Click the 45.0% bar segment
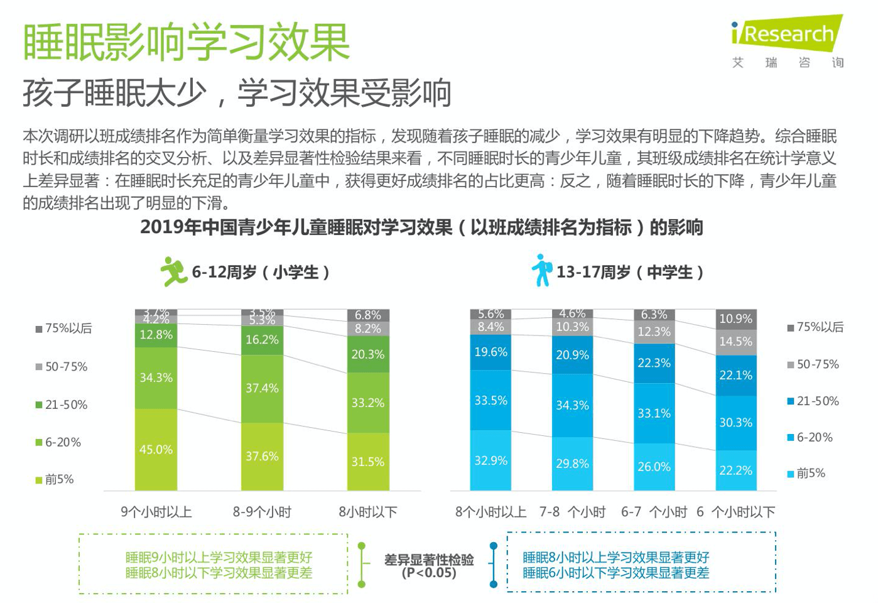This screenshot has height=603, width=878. (x=156, y=449)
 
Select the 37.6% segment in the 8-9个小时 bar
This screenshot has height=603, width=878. (x=262, y=456)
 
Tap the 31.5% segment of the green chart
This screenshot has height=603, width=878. (x=368, y=462)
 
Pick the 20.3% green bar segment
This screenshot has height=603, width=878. (x=368, y=354)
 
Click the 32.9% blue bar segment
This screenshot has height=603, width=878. (x=490, y=460)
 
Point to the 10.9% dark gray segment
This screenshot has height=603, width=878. (x=736, y=318)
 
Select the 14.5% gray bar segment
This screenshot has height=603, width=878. (x=736, y=342)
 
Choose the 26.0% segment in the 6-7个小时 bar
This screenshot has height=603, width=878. (x=654, y=467)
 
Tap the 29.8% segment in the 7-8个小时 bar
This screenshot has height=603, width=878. (x=572, y=464)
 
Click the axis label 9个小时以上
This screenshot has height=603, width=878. (x=156, y=512)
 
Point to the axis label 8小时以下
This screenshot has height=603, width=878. (x=368, y=512)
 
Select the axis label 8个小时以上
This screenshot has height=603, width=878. (x=490, y=512)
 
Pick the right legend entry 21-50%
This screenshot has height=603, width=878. (x=814, y=401)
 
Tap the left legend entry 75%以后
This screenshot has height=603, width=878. (x=64, y=329)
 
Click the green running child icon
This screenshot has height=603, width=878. (x=173, y=271)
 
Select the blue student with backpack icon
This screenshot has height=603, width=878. (x=541, y=271)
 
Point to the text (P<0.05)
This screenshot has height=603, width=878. (x=429, y=573)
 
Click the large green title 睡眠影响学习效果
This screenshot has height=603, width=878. (x=186, y=43)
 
